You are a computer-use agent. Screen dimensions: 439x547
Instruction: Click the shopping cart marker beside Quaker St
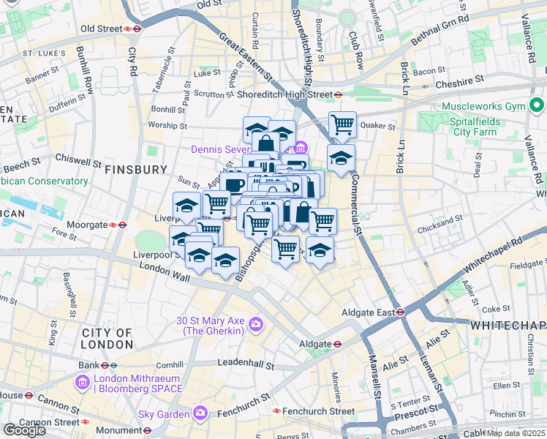point(342,125)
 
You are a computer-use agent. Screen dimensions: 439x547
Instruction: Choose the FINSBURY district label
point(136,170)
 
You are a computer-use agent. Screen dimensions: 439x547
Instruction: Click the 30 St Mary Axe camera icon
point(256,323)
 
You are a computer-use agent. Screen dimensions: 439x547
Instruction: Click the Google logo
point(24,429)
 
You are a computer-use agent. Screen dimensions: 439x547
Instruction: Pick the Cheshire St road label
point(460,85)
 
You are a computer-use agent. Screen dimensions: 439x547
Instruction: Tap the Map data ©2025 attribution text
point(515,433)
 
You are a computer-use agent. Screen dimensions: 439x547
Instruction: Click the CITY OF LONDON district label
point(107,338)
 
